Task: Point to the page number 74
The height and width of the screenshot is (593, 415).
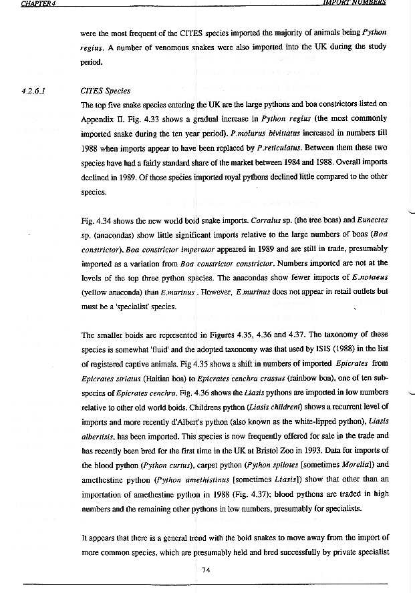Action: [206, 569]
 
